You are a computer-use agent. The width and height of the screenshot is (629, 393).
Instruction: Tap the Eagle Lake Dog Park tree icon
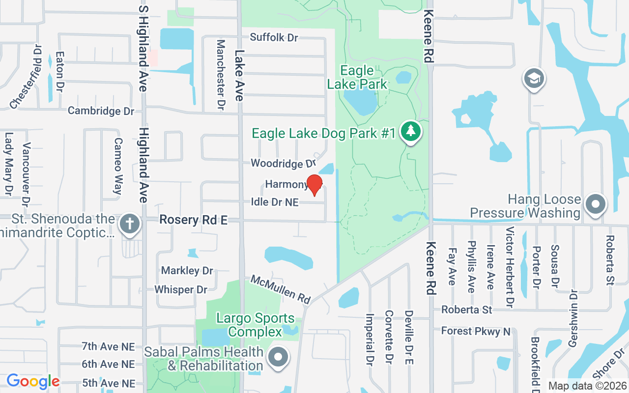411,131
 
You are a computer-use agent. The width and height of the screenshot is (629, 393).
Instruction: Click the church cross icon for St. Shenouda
130,224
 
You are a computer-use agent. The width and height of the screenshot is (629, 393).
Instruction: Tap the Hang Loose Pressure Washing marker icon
595,204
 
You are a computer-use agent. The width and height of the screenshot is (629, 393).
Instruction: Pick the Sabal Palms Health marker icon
279,359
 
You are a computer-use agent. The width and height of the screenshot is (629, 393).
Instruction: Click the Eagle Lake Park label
357,78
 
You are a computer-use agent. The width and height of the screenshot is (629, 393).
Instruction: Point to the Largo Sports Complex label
255,325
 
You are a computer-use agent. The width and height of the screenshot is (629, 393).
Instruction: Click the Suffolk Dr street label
274,37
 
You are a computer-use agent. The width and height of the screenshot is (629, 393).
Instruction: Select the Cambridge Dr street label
101,111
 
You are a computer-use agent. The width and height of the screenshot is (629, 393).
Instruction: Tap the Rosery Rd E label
193,220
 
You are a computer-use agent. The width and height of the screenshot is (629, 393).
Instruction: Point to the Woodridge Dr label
283,163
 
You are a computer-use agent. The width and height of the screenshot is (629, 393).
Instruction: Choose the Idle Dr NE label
275,202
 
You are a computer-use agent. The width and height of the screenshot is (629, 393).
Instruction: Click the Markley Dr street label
187,271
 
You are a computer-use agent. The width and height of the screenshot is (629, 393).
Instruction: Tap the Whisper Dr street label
181,290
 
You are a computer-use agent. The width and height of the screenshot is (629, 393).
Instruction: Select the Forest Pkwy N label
475,332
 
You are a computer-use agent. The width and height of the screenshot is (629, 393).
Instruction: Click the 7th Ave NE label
108,347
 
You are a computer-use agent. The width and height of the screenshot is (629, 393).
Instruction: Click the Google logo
33,381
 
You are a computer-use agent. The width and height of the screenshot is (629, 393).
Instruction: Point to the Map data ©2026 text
586,386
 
